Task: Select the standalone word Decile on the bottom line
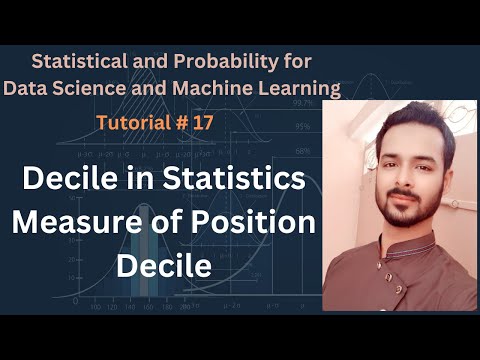(x=162, y=265)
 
